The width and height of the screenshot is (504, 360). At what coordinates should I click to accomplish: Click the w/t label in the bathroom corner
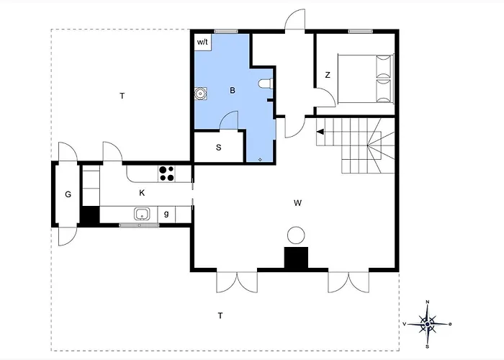click(202, 42)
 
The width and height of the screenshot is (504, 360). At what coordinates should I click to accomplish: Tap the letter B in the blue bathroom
click(233, 90)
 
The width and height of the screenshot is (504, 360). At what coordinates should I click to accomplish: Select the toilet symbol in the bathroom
click(266, 84)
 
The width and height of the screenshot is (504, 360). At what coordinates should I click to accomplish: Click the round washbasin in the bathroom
click(201, 94)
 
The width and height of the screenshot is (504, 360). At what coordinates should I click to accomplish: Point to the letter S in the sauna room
click(219, 148)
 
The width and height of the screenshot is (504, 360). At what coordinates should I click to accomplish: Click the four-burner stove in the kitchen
click(166, 174)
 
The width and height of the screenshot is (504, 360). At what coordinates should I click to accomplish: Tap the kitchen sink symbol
click(142, 214)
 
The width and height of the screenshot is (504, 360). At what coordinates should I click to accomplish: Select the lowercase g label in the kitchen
click(166, 213)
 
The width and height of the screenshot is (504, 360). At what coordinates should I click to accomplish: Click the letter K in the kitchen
click(142, 193)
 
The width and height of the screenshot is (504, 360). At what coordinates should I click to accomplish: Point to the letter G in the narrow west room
click(68, 194)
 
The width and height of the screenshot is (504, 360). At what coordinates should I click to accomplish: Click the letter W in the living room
click(297, 203)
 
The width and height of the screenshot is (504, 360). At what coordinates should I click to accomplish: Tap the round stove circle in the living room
click(296, 235)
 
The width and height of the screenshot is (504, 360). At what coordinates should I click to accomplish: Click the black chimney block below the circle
click(296, 258)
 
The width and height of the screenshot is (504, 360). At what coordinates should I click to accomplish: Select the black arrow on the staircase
click(320, 132)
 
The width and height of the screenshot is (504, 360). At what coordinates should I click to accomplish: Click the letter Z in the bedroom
click(328, 75)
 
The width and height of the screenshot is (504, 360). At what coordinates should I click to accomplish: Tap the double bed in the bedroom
click(366, 78)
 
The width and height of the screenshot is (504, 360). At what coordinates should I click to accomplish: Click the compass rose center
click(427, 324)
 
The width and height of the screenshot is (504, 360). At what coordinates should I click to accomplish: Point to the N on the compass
click(428, 302)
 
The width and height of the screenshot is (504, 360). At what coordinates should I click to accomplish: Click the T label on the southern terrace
click(220, 315)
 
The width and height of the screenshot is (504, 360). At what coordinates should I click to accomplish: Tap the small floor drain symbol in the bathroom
click(260, 159)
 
